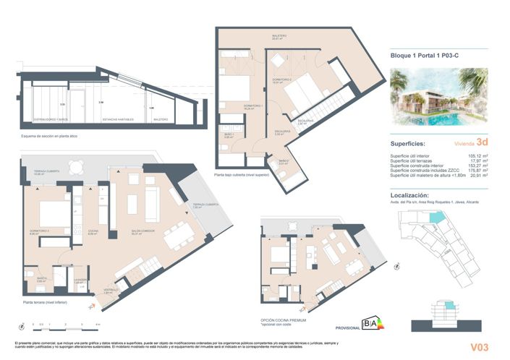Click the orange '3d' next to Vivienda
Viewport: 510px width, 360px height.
(482, 143)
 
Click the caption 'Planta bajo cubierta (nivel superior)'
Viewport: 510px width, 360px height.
(247, 175)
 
